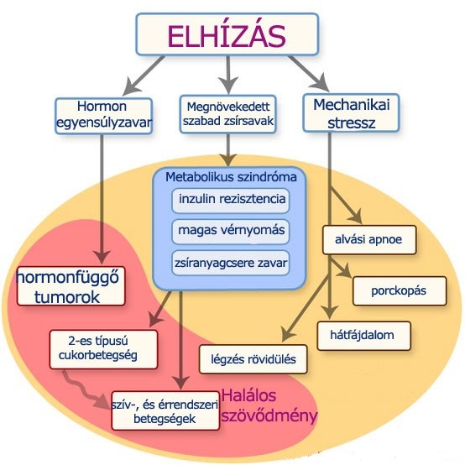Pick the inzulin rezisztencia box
[229, 201]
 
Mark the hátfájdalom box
[367, 336]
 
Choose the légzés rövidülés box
[253, 358]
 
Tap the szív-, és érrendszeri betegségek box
[165, 410]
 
